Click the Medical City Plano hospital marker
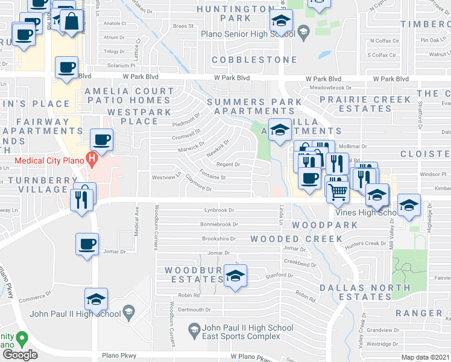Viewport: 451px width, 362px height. (x=92, y=160)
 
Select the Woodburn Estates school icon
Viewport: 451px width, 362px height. (x=235, y=276)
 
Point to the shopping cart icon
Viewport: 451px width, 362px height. (x=338, y=191)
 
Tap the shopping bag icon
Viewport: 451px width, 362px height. (x=71, y=22)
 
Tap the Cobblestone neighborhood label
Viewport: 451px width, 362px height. (x=254, y=60)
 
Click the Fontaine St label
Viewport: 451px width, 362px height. (x=214, y=177)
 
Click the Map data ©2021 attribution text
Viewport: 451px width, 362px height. (x=426, y=357)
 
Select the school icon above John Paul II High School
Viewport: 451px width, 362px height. (x=96, y=299)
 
